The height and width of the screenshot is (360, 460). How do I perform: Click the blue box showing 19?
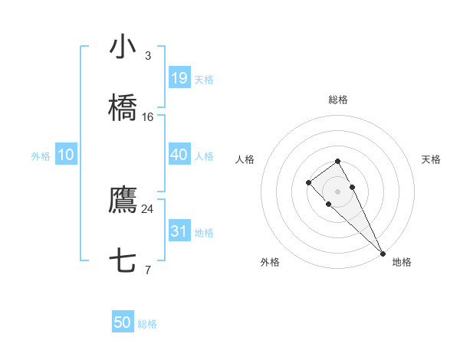[x=179, y=77]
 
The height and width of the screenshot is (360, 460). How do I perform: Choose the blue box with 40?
[x=179, y=155]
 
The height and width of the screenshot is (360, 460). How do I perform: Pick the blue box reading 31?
[x=179, y=231]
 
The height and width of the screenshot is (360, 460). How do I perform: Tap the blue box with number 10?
[x=66, y=155]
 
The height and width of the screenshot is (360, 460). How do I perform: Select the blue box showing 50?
[x=123, y=322]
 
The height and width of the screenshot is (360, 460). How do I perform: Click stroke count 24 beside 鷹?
[x=147, y=208]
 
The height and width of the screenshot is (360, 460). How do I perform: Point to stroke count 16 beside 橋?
[x=147, y=117]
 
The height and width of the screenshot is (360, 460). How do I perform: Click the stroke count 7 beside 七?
[x=147, y=270]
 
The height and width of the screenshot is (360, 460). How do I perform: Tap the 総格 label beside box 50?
[x=147, y=324]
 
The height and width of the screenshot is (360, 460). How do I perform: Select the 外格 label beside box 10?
[x=41, y=155]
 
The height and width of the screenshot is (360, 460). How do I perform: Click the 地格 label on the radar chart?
[x=402, y=262]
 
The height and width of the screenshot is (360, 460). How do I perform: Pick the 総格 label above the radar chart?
[x=337, y=100]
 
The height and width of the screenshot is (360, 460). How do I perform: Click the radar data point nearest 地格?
[x=382, y=254]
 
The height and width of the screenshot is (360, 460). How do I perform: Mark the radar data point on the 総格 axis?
[x=337, y=161]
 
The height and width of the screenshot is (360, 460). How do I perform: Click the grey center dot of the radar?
[x=337, y=191]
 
